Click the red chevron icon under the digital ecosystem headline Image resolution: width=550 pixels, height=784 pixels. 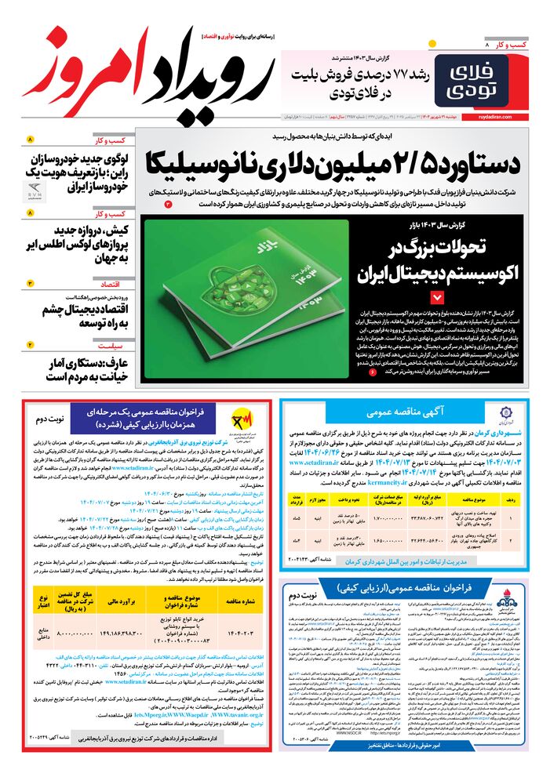(436, 297)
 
